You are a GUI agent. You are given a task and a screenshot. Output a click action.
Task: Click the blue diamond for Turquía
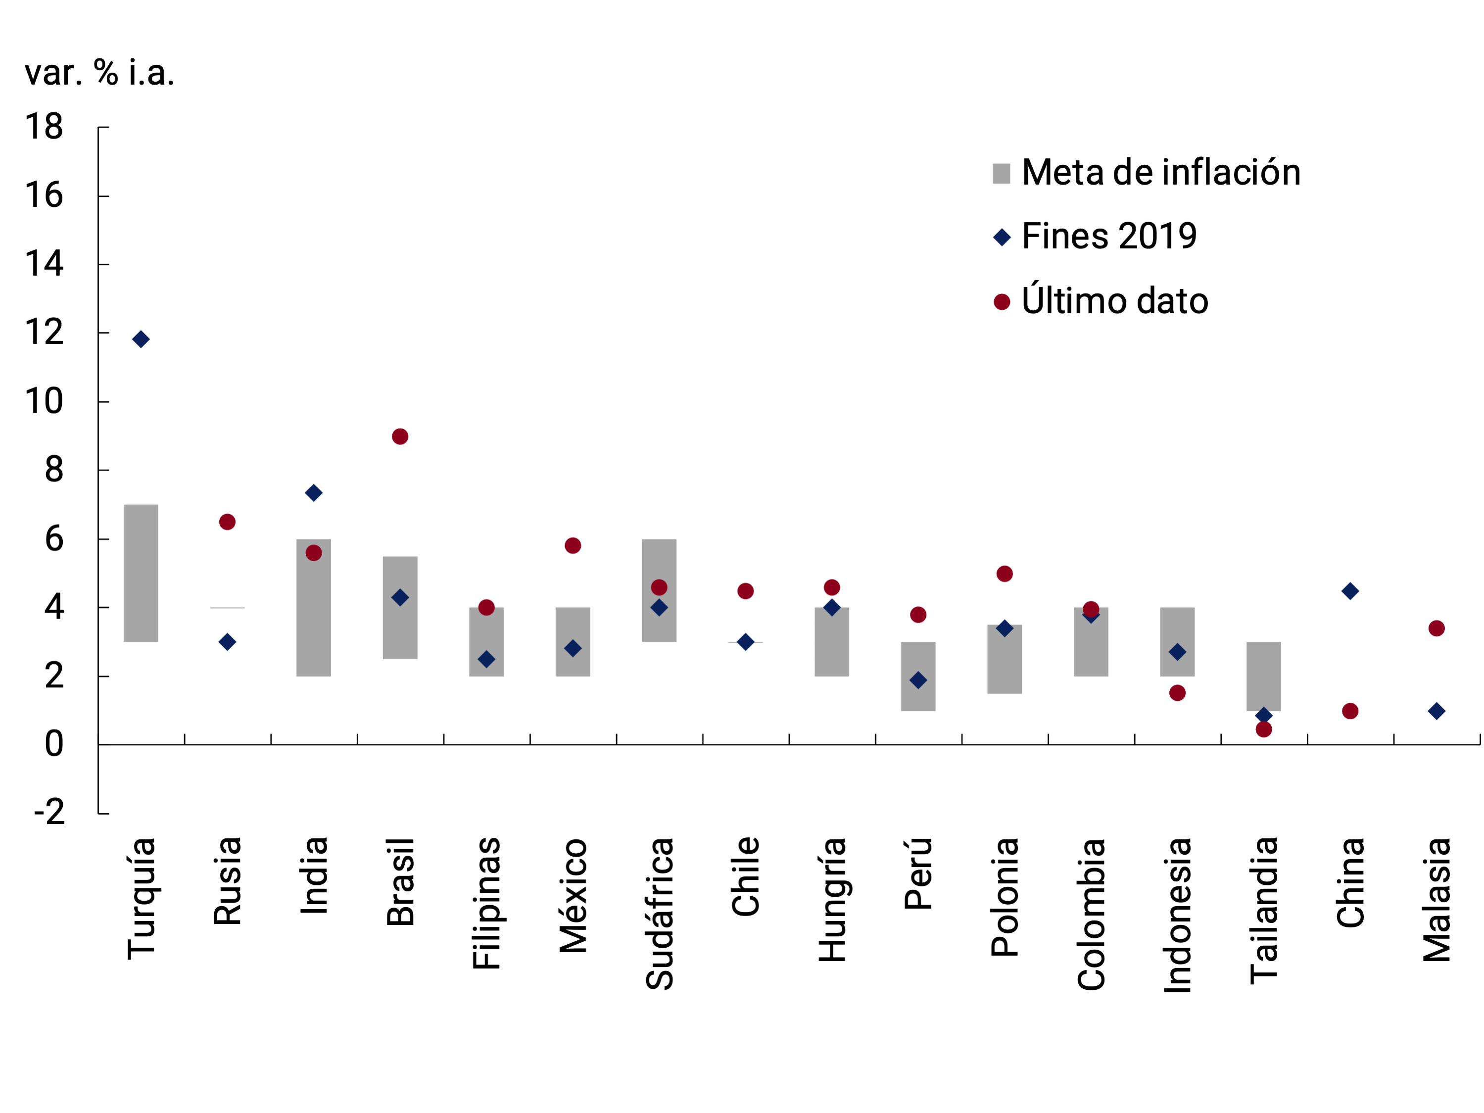(141, 339)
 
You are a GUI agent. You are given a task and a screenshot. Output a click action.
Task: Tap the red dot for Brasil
(400, 437)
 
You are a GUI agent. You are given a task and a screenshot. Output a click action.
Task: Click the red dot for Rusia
(228, 522)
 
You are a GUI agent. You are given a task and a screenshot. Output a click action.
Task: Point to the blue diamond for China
(1350, 591)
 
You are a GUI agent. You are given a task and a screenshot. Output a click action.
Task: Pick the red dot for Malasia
(1436, 629)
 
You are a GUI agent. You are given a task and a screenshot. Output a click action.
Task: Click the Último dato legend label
(1114, 301)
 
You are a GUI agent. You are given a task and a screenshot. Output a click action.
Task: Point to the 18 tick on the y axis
(44, 127)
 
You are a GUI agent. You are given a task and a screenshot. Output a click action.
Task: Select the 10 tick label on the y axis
(44, 401)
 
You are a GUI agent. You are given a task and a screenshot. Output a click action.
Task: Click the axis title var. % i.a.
(99, 72)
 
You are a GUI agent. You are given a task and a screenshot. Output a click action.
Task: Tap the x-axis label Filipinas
(487, 903)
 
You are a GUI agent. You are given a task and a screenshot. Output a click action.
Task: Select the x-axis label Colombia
(1092, 914)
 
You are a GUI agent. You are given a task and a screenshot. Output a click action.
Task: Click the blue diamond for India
(313, 493)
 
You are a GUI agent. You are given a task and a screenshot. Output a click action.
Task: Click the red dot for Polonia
(1005, 574)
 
